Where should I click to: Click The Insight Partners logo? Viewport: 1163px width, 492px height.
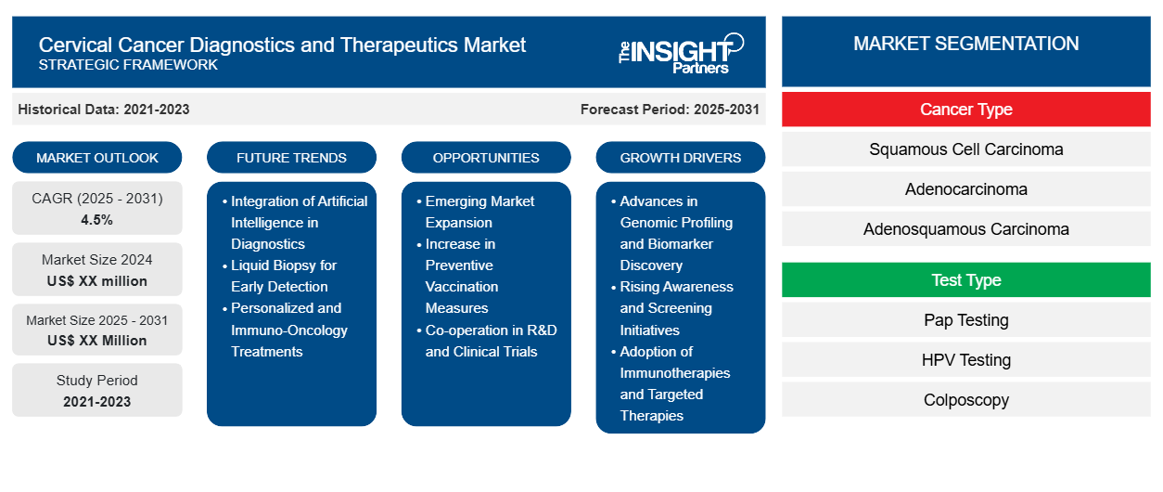681,53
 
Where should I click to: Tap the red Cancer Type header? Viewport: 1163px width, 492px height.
965,110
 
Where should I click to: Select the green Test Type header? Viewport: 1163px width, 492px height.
965,280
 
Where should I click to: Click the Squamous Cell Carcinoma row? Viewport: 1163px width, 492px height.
965,149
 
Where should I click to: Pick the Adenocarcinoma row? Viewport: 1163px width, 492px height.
965,189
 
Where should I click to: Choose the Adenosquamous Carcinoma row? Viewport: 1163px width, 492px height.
965,229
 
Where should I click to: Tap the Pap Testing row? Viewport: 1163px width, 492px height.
965,320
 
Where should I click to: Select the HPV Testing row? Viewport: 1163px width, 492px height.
965,360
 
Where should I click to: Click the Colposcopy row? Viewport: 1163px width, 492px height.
965,400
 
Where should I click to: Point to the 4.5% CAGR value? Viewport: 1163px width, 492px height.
96,220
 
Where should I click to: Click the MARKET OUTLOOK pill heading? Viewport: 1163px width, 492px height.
97,158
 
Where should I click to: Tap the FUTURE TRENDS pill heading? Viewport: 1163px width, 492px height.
291,158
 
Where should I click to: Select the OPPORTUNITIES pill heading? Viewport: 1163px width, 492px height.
486,158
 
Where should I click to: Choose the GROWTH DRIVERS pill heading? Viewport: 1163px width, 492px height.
680,158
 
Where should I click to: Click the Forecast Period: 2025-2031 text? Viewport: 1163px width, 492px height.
670,110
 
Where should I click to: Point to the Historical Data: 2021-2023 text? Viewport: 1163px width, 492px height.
104,110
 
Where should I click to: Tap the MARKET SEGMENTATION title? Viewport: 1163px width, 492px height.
965,44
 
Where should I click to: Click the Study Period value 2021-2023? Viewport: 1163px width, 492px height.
97,402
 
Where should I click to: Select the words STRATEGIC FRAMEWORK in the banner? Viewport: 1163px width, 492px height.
128,65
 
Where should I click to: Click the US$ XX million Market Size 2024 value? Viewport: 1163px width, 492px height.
97,281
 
